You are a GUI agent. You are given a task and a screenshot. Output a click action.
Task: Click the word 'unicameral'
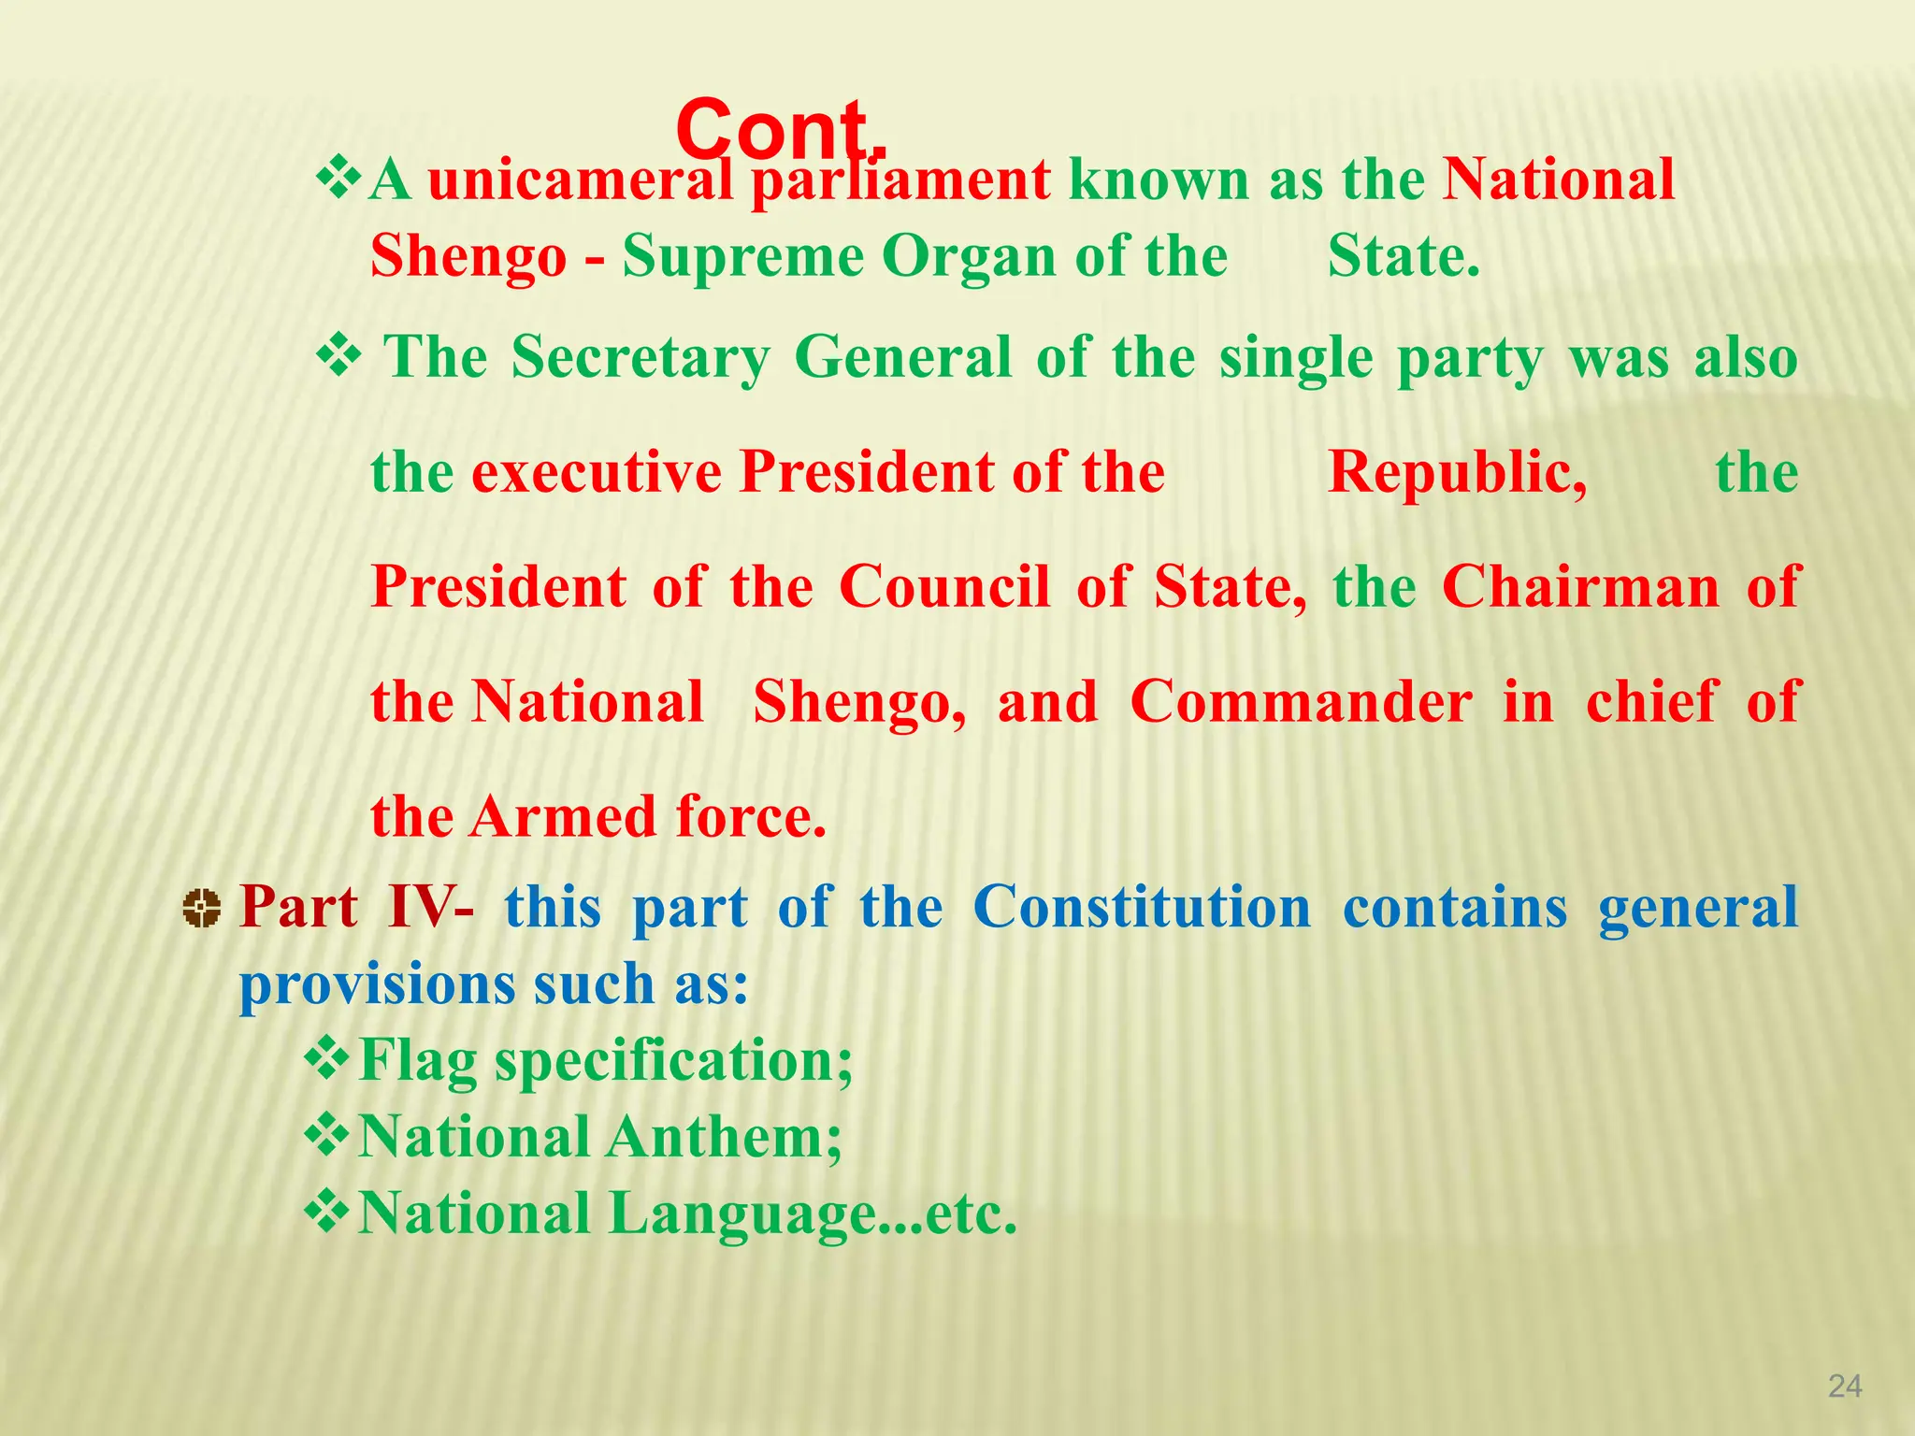(580, 179)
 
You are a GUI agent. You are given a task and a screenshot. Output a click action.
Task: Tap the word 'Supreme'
(742, 256)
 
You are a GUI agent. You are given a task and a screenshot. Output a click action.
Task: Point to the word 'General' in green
(902, 357)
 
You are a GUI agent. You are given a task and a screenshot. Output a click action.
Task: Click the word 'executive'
(597, 472)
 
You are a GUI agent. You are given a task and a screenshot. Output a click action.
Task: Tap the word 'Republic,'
(1457, 472)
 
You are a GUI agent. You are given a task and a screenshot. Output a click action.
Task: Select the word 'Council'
(944, 587)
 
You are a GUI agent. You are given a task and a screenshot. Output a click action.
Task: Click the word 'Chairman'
(1580, 587)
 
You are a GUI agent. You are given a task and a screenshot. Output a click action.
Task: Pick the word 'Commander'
(1301, 702)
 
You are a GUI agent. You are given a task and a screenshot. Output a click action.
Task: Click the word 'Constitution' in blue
(1142, 907)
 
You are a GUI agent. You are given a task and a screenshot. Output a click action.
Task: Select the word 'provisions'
(376, 985)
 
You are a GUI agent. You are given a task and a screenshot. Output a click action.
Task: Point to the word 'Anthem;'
(725, 1137)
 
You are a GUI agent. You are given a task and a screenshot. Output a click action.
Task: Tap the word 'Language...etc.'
(813, 1213)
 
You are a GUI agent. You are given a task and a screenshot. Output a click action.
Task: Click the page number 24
(1844, 1386)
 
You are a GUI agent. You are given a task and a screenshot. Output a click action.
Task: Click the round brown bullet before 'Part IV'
(201, 908)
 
